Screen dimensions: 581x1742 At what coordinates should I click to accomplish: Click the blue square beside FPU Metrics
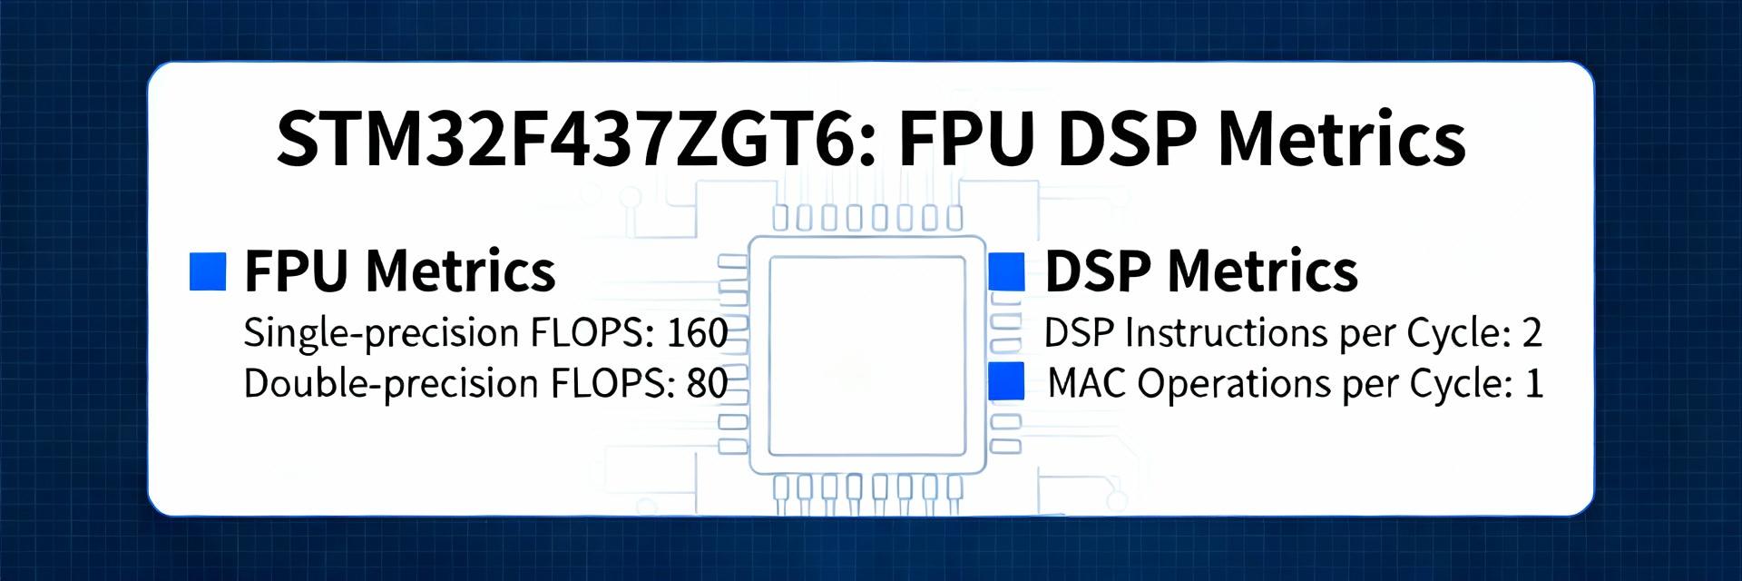207,271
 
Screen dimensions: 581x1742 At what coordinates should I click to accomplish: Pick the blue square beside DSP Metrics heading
1006,271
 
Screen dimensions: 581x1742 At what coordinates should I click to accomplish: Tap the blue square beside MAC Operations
1006,381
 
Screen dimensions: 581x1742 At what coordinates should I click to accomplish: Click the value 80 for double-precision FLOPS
707,383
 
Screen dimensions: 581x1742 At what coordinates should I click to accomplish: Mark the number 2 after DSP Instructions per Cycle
1532,333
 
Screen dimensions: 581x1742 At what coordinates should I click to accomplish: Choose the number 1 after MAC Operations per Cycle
1533,383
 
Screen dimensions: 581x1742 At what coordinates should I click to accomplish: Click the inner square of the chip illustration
866,355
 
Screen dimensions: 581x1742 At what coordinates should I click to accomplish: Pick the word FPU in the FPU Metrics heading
296,271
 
